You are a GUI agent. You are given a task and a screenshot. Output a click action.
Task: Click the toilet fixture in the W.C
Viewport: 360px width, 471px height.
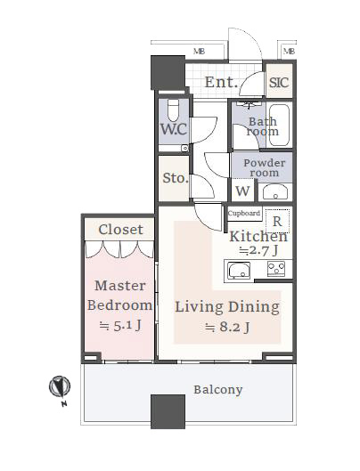coord(173,110)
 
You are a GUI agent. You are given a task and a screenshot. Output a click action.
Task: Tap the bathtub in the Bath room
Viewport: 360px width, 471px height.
coord(279,125)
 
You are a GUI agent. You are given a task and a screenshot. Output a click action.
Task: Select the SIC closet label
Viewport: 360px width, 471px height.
coord(279,82)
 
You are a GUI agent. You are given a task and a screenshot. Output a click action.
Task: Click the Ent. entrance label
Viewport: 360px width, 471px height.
coord(219,82)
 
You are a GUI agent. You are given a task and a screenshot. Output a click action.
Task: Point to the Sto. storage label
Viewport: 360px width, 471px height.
coord(176,178)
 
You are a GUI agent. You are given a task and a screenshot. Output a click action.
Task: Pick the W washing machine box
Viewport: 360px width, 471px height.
coord(242,191)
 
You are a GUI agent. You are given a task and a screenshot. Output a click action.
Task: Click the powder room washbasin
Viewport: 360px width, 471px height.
coord(275,192)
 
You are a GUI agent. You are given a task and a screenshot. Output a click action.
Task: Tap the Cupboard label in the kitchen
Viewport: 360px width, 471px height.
coord(244,214)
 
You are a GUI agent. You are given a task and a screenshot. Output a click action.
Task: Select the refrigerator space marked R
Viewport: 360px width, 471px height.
coord(277,222)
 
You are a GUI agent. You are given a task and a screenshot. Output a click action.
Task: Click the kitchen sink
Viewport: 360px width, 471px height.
coord(239,271)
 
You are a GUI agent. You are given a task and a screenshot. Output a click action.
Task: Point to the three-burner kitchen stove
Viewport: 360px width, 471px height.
coord(276,269)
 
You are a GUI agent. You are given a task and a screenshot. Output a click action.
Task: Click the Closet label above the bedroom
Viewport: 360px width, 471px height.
coord(120,230)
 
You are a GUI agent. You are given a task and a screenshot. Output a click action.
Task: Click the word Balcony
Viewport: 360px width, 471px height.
coord(218,390)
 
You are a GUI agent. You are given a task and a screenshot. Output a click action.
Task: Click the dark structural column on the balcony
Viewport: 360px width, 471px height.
coord(168,411)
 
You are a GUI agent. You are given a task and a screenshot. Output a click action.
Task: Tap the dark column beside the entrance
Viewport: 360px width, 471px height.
coord(168,73)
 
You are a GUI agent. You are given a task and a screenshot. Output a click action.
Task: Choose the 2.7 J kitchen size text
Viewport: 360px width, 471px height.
coord(258,250)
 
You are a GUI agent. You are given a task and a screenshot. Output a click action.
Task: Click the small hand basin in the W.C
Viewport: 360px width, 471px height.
coord(184,148)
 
